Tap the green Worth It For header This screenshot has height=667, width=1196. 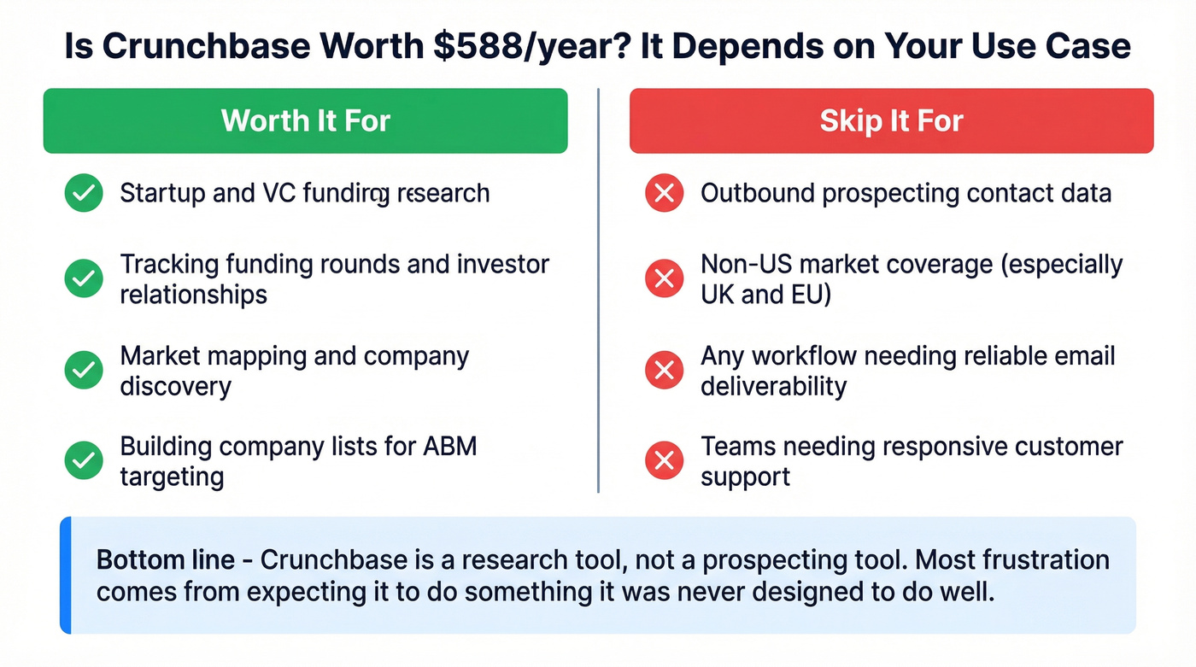pyautogui.click(x=305, y=120)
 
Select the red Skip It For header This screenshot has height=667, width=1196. pyautogui.click(x=891, y=120)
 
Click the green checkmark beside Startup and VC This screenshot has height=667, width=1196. pyautogui.click(x=84, y=194)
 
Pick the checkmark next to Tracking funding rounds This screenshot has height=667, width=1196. pyautogui.click(x=84, y=278)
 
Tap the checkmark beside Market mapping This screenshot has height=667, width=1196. pyautogui.click(x=84, y=370)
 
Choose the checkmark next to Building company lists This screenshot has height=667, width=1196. pyautogui.click(x=84, y=461)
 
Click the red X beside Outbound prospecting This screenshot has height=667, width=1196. pyautogui.click(x=664, y=194)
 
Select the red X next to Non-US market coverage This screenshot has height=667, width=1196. pyautogui.click(x=664, y=278)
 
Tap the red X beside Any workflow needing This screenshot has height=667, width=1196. pyautogui.click(x=664, y=370)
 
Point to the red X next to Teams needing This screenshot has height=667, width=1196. pyautogui.click(x=664, y=461)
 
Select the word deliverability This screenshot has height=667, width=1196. pyautogui.click(x=773, y=386)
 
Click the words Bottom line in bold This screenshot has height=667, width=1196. pyautogui.click(x=165, y=560)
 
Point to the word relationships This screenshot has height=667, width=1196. pyautogui.click(x=193, y=295)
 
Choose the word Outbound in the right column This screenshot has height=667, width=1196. pyautogui.click(x=757, y=193)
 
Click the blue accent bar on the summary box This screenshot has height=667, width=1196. pyautogui.click(x=65, y=575)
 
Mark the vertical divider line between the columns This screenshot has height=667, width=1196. pyautogui.click(x=598, y=290)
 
